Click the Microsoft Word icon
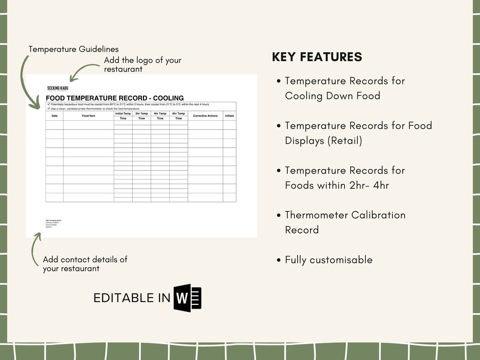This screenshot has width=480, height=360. point(188,298)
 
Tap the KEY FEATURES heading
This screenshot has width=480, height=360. point(317,57)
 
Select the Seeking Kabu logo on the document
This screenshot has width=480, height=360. point(58,88)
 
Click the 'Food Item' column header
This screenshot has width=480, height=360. point(88,116)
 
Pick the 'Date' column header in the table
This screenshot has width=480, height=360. point(54,116)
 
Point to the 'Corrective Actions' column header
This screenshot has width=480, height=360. point(205,116)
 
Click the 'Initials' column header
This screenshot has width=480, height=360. point(229,116)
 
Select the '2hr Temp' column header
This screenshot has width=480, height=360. point(141,114)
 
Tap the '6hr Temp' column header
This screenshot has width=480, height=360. point(179,114)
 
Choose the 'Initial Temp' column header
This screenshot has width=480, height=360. point(123,114)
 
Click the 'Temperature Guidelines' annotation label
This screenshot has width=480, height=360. point(74,49)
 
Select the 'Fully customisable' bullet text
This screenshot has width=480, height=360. point(328,260)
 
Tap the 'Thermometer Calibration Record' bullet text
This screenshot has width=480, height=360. point(345,222)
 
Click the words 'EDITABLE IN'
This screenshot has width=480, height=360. point(132,298)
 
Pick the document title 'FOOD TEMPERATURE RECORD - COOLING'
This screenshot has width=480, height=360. point(115,98)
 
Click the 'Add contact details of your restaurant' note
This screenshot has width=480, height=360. point(85,264)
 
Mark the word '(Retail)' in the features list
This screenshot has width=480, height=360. point(344,141)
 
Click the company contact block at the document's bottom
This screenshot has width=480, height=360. point(53,224)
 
